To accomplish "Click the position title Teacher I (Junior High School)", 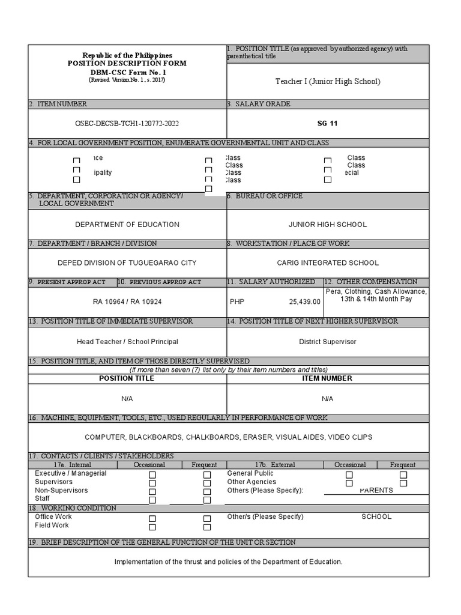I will click(x=328, y=82).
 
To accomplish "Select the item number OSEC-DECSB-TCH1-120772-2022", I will click(x=127, y=124).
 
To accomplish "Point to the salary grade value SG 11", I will click(x=328, y=124).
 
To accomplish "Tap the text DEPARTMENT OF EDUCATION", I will click(x=127, y=225).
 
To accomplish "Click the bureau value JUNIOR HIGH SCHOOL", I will click(x=328, y=225).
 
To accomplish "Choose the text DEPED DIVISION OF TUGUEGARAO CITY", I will click(x=127, y=263).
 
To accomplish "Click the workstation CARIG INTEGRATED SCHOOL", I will click(x=328, y=263).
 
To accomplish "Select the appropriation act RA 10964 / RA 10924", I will click(x=127, y=301).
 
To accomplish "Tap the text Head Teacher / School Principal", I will click(x=127, y=342).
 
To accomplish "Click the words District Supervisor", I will click(x=328, y=342).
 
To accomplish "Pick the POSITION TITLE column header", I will click(x=127, y=378).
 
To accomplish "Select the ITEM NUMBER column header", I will click(x=328, y=378).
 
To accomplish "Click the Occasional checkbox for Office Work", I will click(x=152, y=518).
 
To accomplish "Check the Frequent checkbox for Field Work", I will click(x=207, y=527).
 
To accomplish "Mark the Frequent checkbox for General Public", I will click(x=403, y=475).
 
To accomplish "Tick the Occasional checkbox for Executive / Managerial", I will click(x=152, y=475).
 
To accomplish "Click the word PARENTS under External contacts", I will click(x=376, y=491).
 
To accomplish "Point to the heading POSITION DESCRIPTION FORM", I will click(x=127, y=64).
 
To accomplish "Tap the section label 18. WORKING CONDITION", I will click(x=73, y=508).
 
